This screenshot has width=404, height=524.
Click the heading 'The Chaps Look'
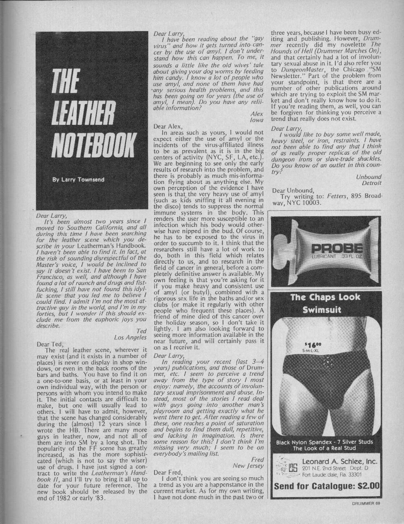coord(325,298)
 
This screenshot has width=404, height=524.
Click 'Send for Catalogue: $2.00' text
coord(327,485)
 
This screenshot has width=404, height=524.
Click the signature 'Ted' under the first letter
coord(141,331)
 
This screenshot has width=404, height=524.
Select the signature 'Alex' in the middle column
coord(257,114)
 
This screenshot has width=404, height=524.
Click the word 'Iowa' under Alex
coord(257,120)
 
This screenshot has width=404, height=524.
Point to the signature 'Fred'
coord(257,459)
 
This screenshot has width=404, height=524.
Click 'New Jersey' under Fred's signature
coord(248,466)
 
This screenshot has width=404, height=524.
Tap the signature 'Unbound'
coord(368,177)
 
